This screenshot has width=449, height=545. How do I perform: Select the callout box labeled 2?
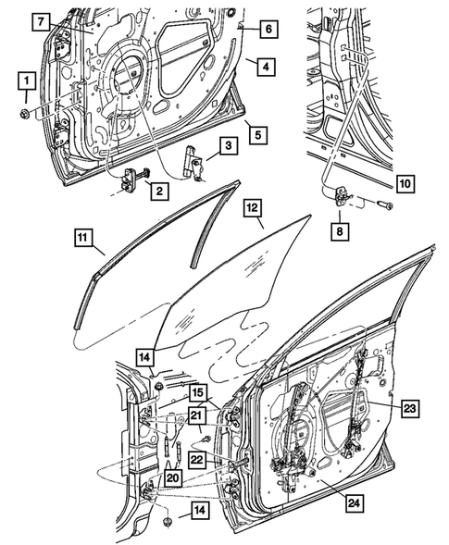(159, 192)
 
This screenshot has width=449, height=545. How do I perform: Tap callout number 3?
(226, 144)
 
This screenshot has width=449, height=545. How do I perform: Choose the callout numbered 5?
(258, 136)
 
